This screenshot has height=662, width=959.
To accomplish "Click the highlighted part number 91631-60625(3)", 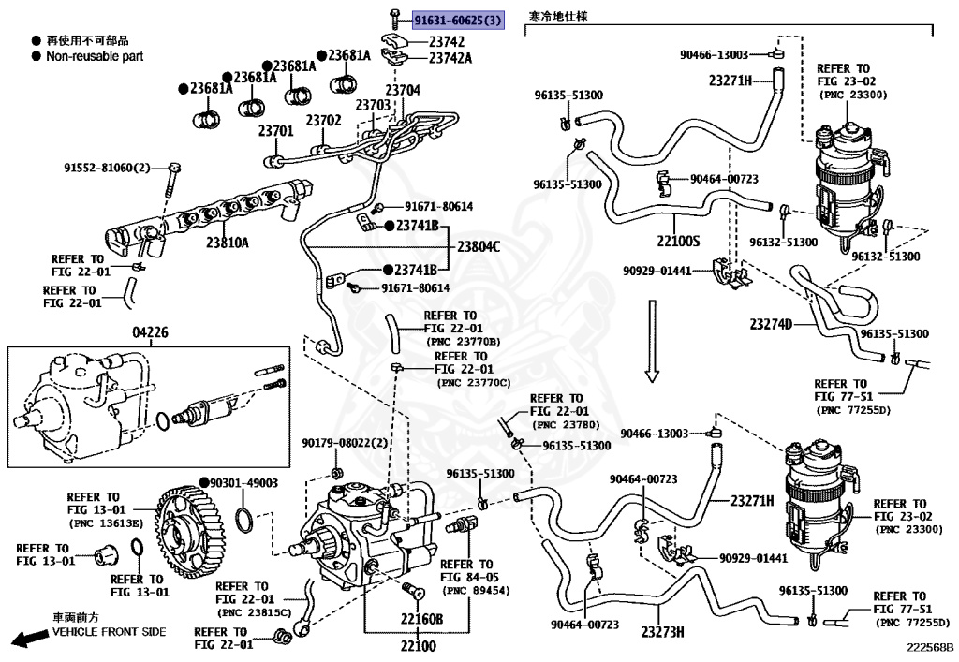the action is coord(457,21).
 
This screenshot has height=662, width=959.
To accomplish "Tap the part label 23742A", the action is coord(450,58).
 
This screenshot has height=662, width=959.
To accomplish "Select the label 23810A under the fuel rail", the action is coord(228,243).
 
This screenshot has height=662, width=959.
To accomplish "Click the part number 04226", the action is coord(151,332).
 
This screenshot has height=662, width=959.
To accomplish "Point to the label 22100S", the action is coord(678,242).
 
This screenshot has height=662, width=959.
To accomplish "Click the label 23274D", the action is coord(772,324).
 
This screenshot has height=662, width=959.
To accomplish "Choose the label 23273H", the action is coord(663,631).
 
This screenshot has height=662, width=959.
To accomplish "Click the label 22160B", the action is coord(422,619).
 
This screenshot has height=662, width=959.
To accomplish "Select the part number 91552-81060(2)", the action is coord(107,168).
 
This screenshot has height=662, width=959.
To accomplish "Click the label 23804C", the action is coord(479,247).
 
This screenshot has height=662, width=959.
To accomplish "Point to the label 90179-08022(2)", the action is coord(345,443).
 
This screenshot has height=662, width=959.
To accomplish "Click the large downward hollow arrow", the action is coord(652,341).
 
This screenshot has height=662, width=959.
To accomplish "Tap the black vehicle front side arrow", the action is coord(31,639).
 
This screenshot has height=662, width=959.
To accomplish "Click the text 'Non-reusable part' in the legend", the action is coord(95,56).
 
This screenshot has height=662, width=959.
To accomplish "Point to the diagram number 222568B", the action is coord(930,647).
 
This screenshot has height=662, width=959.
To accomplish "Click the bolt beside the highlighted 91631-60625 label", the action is coord(395,20).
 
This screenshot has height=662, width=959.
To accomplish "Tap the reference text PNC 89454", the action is coord(476,591).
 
